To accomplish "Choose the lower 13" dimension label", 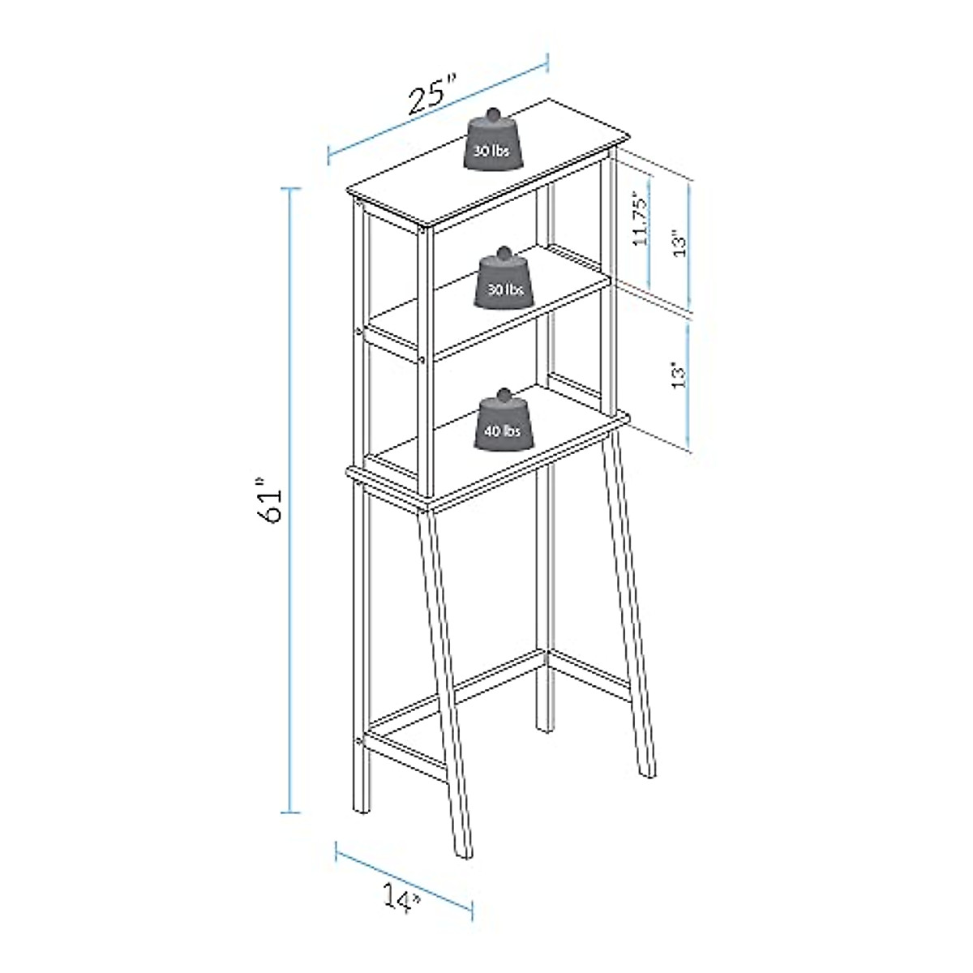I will tap(679, 375).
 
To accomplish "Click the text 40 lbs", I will tap(503, 432).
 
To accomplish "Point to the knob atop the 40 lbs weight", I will tap(504, 395).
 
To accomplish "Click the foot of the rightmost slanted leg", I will tap(647, 776).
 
